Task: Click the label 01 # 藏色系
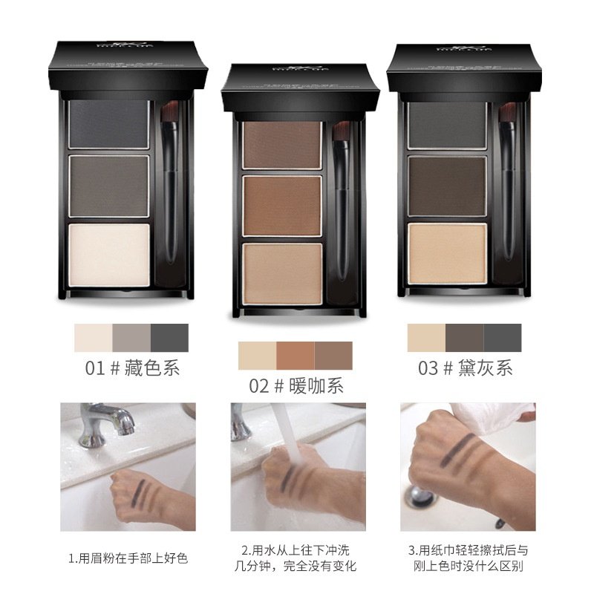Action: coord(131,368)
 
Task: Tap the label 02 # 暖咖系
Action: coord(296,385)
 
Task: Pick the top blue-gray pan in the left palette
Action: coord(109,123)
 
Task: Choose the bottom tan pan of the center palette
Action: coord(281,272)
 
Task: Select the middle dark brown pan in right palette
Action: coord(446,185)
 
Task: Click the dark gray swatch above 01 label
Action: coord(169,338)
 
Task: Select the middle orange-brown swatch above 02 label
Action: coord(296,355)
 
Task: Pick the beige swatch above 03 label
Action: coord(426,338)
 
